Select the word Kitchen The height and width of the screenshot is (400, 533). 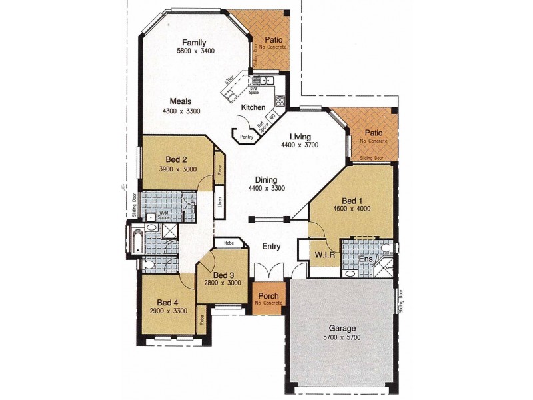(253, 107)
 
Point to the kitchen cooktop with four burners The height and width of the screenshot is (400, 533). (280, 101)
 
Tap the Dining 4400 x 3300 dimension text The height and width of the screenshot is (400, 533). (266, 189)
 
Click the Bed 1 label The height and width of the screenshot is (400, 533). (352, 200)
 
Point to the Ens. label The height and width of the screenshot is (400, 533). (366, 259)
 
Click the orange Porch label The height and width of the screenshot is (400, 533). (268, 295)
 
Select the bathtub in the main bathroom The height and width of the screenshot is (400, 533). (137, 241)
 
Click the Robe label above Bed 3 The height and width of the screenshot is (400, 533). (228, 243)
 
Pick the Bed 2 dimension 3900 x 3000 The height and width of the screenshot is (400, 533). (178, 169)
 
